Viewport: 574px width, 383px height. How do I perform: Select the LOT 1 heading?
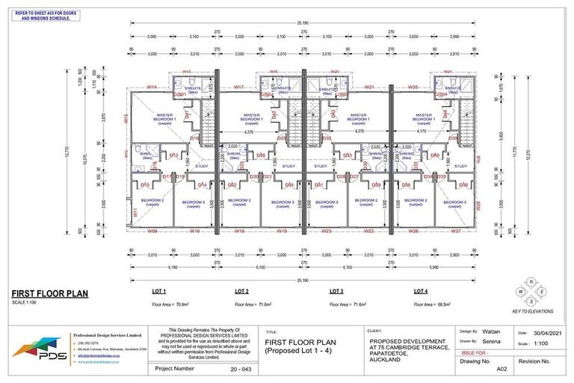click(158, 290)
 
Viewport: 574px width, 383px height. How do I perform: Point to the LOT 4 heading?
click(421, 290)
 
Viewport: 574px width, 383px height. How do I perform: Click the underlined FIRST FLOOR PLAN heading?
click(49, 294)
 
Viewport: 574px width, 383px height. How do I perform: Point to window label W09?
click(152, 231)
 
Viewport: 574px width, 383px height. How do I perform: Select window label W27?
click(455, 231)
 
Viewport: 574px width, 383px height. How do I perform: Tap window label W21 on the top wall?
click(368, 88)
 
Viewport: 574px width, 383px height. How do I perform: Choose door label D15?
click(145, 185)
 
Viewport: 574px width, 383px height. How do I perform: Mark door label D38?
click(463, 185)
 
